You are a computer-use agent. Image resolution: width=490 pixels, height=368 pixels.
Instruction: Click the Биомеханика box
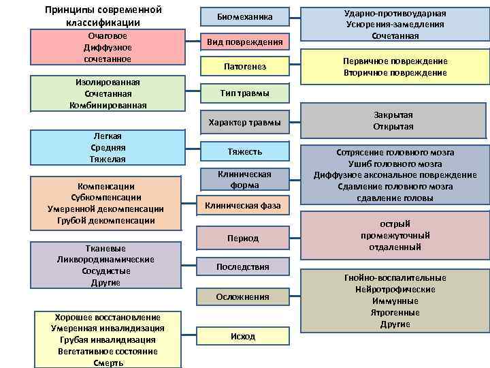(x=244, y=16)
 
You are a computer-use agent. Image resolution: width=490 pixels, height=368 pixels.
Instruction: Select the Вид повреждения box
(x=244, y=42)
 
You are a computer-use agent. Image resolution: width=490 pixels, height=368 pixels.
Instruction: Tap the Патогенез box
(x=244, y=67)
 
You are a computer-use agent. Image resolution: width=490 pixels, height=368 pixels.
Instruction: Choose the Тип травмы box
(x=244, y=93)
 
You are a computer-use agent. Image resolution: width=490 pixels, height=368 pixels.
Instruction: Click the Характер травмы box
(x=244, y=123)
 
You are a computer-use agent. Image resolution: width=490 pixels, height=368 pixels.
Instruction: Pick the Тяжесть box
(x=244, y=151)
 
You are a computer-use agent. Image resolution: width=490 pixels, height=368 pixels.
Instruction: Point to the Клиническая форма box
(x=244, y=179)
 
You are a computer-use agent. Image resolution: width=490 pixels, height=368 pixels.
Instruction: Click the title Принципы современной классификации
(x=103, y=16)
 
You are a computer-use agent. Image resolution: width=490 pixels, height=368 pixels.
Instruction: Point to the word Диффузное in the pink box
(x=105, y=47)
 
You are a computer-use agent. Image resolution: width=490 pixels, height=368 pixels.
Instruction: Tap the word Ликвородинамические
(x=105, y=260)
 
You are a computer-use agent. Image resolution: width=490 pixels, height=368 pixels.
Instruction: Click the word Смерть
(x=108, y=363)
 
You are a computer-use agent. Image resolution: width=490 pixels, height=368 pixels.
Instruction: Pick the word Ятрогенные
(x=395, y=312)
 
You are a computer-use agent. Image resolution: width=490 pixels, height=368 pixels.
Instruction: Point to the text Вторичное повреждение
(x=395, y=73)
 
